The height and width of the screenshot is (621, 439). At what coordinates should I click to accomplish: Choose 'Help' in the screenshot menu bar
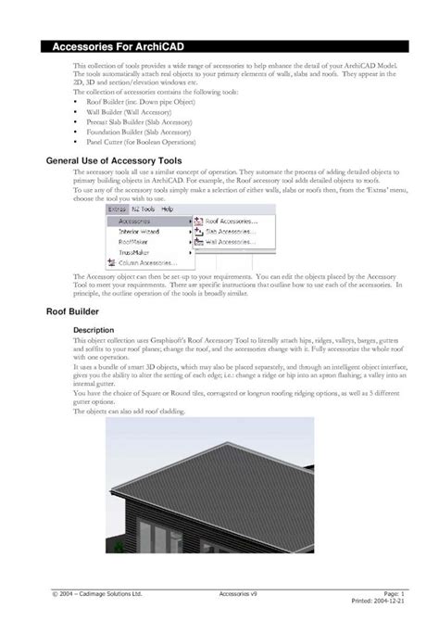pyautogui.click(x=168, y=209)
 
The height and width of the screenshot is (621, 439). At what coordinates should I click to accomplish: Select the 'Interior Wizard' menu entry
pyautogui.click(x=138, y=231)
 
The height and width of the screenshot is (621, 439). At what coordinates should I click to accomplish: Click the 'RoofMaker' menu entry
pyautogui.click(x=133, y=241)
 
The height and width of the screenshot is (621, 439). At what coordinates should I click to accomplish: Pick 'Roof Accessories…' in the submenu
pyautogui.click(x=231, y=222)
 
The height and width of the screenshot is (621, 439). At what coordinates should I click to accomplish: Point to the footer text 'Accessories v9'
pyautogui.click(x=238, y=591)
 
